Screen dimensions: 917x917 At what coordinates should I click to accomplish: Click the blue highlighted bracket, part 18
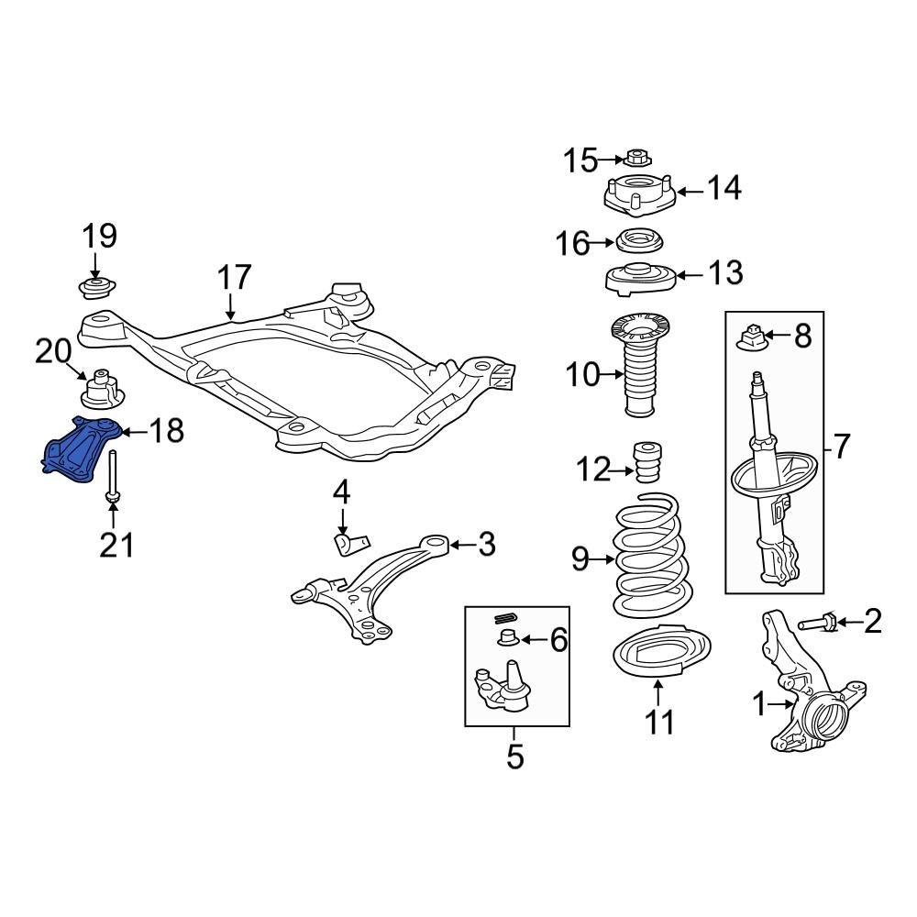[x=81, y=449]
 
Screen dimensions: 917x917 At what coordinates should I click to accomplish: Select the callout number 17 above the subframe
[x=234, y=277]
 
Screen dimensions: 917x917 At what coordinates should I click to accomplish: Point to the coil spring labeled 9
[x=647, y=559]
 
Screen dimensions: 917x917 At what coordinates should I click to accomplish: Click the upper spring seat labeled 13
[x=640, y=277]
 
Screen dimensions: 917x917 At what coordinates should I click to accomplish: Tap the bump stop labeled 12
[x=648, y=460]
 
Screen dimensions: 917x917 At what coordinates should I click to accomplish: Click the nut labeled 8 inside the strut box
[x=751, y=337]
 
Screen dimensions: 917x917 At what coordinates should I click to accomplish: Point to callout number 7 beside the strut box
[x=843, y=447]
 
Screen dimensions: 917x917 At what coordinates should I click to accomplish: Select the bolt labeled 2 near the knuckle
[x=818, y=624]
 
